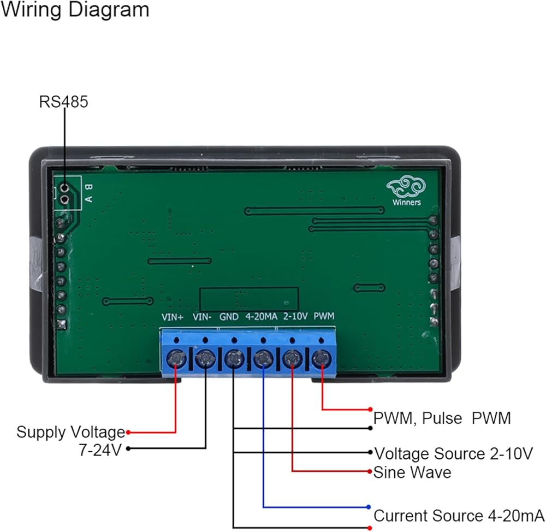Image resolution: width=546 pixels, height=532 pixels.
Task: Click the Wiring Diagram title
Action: click(x=74, y=10)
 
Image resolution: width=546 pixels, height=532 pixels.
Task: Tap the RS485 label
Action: click(x=63, y=102)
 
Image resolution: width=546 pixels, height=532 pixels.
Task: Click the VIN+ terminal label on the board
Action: click(x=173, y=317)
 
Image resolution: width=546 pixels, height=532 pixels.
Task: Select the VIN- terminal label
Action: click(x=203, y=317)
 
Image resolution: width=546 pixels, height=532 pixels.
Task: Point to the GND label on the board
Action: click(x=229, y=317)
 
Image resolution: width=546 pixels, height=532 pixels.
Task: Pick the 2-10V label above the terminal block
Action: click(x=296, y=317)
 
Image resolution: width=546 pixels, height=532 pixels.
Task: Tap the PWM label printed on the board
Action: click(x=324, y=317)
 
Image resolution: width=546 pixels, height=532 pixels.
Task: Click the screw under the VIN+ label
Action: click(x=176, y=359)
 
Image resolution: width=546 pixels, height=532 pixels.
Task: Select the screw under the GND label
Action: click(x=234, y=359)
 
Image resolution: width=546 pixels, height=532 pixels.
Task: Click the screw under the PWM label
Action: click(x=322, y=359)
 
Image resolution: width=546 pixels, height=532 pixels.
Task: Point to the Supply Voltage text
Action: click(x=70, y=433)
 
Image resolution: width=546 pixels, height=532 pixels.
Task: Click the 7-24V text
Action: click(x=100, y=450)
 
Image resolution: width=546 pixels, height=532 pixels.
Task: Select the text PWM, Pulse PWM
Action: click(x=442, y=418)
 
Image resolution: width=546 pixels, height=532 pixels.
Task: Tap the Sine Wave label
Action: click(x=412, y=472)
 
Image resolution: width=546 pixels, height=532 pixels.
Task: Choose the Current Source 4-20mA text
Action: click(x=459, y=516)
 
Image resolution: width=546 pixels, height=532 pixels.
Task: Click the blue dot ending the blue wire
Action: click(x=370, y=507)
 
